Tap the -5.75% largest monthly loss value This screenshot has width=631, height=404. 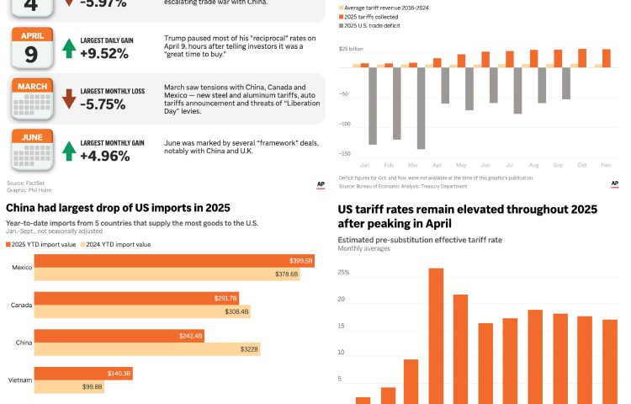(x=104, y=104)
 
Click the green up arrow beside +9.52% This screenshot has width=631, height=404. (x=68, y=48)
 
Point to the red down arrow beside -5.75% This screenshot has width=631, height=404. (x=68, y=98)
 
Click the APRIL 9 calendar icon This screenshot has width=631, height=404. (x=31, y=47)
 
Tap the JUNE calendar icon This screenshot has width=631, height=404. (x=31, y=150)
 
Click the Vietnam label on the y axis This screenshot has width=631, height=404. (x=22, y=380)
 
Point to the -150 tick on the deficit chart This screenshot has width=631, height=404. (x=344, y=154)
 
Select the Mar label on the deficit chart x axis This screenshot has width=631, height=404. (x=413, y=165)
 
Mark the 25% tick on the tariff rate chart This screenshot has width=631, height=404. (x=343, y=273)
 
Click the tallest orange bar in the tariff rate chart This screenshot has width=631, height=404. (x=436, y=336)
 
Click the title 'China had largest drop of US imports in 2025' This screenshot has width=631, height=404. (x=118, y=207)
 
